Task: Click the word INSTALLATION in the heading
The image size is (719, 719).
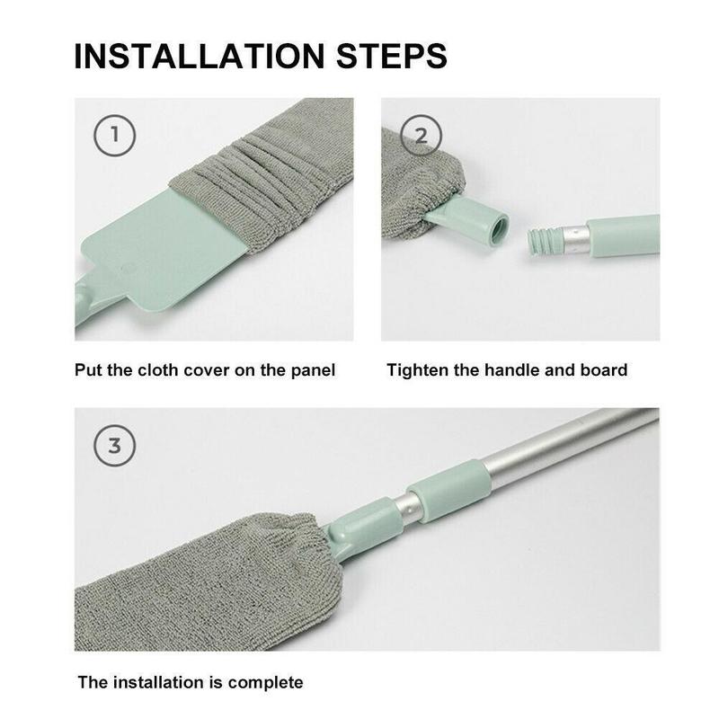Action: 200,57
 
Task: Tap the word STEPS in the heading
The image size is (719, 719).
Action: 392,57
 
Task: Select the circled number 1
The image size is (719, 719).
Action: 115,136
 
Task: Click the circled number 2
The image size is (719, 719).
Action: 421,136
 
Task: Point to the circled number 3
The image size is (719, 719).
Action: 115,446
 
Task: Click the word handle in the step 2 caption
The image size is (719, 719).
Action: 511,370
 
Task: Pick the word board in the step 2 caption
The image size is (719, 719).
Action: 604,370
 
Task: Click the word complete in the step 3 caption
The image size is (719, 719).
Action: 265,683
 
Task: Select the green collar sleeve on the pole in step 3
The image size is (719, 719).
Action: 447,492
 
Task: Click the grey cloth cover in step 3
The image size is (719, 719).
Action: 207,585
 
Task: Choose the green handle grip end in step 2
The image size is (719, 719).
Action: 623,235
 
